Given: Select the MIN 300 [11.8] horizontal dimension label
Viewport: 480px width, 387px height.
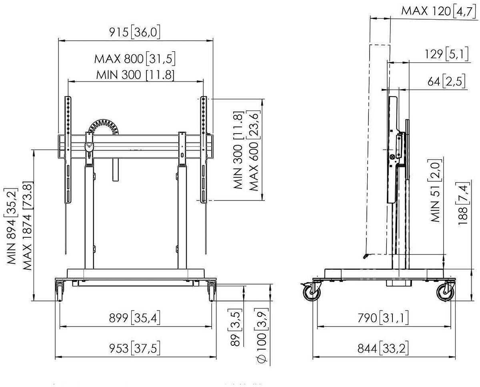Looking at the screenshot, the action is point(135,75).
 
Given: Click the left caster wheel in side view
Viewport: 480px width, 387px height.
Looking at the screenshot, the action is point(312,293).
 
